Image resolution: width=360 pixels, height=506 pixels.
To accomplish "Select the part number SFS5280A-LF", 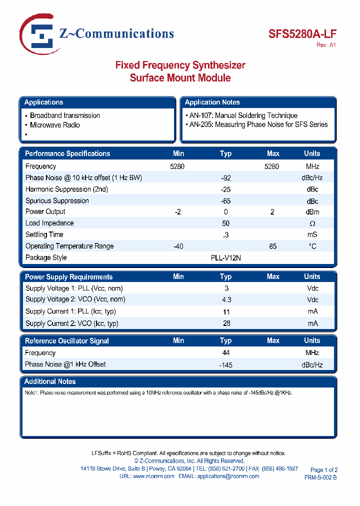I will coord(302,34).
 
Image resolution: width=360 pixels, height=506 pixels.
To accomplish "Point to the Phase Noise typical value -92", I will coord(225,178).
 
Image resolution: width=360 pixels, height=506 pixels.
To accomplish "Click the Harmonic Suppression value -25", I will coord(225,189).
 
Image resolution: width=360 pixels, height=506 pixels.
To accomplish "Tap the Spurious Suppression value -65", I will coord(225,201).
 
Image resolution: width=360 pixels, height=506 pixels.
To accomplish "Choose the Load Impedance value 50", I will coord(226,223).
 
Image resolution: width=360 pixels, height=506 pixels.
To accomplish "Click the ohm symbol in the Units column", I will coord(312,223).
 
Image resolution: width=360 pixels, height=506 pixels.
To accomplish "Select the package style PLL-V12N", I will coord(226,257).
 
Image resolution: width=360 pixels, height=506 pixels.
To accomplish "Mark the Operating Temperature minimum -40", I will coord(177,246).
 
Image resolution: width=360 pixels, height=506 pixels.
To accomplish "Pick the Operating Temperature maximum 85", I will coord(272,246).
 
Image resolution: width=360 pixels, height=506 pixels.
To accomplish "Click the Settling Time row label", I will coord(44,234).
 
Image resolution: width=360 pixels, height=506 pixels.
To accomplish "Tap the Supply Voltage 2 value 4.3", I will coord(226,299).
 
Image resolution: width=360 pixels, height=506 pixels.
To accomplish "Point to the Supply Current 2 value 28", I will coord(226,323).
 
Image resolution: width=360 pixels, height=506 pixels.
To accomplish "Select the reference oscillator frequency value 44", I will coord(226,353).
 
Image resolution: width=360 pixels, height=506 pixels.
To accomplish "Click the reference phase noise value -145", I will coord(225,365).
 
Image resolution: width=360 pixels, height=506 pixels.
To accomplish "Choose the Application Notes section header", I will coord(212,102).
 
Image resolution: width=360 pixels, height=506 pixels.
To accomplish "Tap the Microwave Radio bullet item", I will coord(54,125).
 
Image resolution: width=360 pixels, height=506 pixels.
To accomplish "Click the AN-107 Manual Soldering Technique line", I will coord(243,115).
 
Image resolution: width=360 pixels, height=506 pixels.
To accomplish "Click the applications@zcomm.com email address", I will coord(228,476).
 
